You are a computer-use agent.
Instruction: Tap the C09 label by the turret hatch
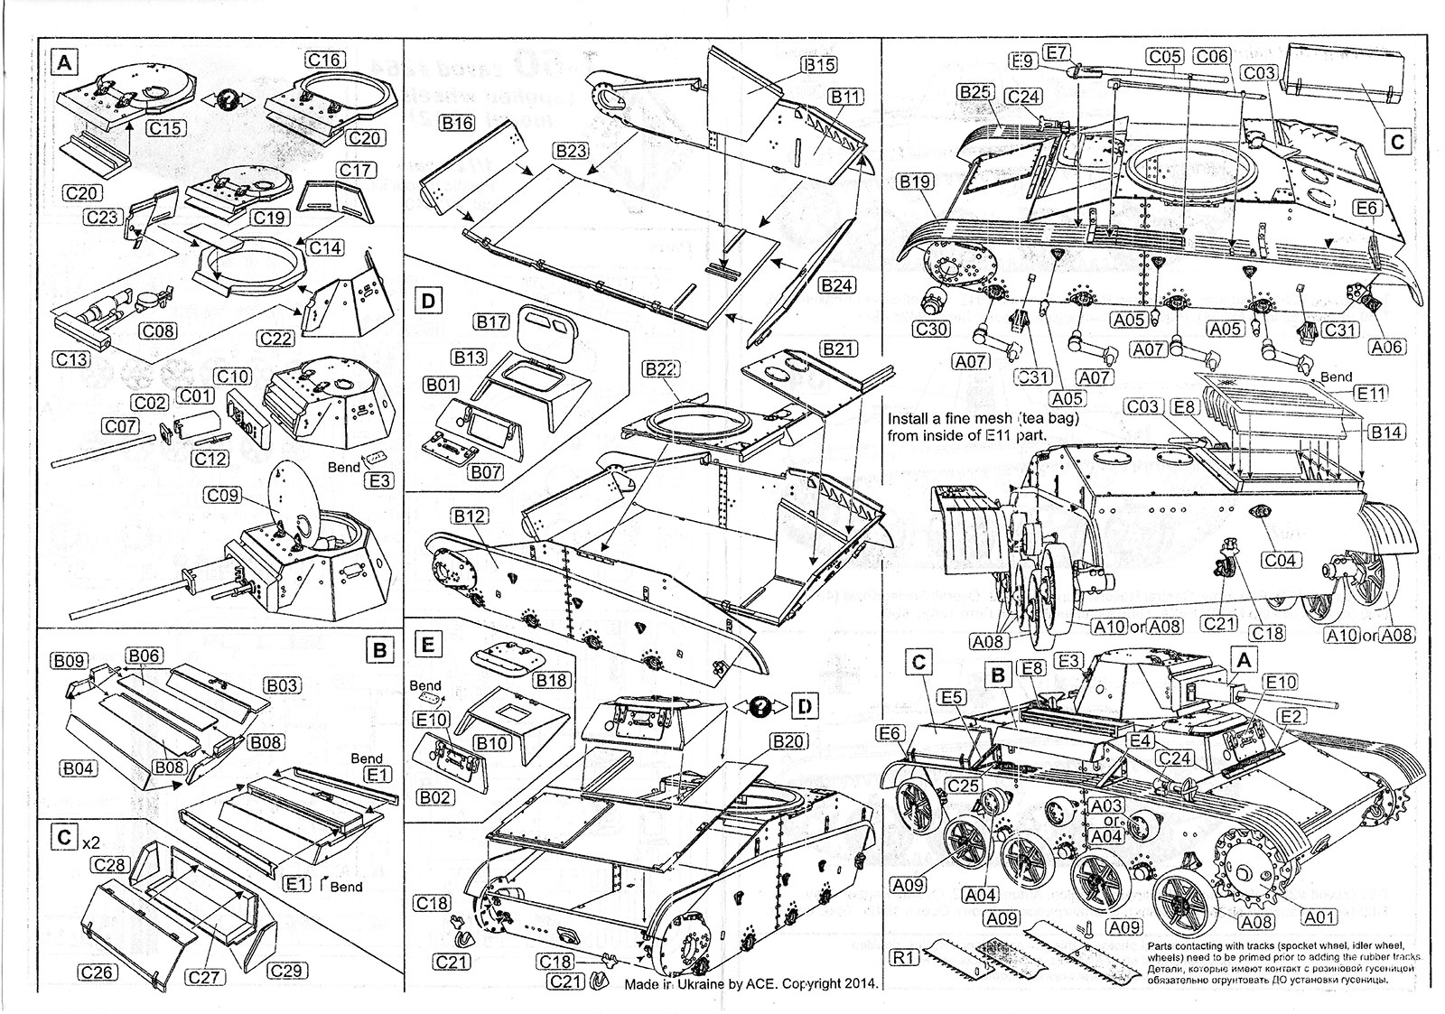223,495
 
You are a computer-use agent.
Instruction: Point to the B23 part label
572,152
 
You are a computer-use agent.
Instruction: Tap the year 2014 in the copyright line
860,983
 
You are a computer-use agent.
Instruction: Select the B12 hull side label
471,516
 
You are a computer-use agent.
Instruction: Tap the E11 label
1371,394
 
